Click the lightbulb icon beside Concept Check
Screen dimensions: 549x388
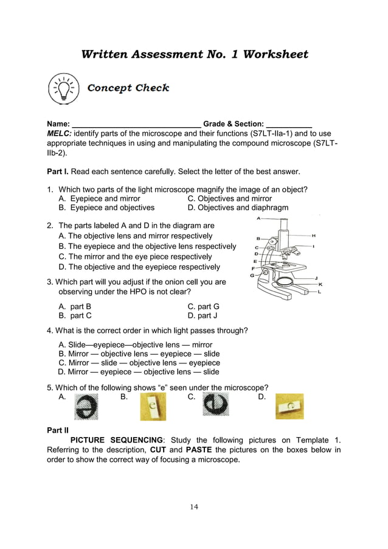[x=63, y=89]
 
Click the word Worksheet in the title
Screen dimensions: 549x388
[x=275, y=54]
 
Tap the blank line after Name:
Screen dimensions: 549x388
[x=136, y=124]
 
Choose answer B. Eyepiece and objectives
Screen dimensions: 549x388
[x=106, y=208]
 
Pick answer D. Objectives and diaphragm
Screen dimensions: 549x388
[x=238, y=208]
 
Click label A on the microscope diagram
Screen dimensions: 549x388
[x=258, y=217]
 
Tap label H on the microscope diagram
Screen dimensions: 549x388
[x=313, y=235]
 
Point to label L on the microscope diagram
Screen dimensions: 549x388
[x=320, y=292]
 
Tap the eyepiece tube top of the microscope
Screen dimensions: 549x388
[x=284, y=224]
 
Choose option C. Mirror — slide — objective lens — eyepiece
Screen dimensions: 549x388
[x=139, y=363]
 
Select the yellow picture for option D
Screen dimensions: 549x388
[x=289, y=406]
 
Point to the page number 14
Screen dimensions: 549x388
[x=193, y=506]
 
